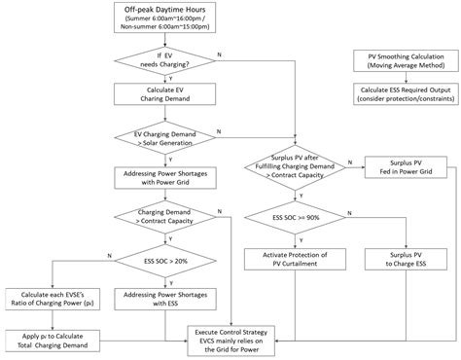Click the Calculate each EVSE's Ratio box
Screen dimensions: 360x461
[x=46, y=299]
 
